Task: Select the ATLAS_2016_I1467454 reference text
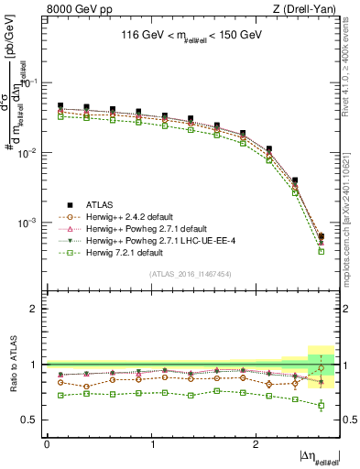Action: (x=191, y=274)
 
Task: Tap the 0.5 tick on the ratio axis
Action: (x=36, y=420)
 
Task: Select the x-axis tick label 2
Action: (x=256, y=444)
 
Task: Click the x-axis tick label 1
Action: (x=151, y=444)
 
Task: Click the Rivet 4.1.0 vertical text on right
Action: (x=351, y=64)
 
